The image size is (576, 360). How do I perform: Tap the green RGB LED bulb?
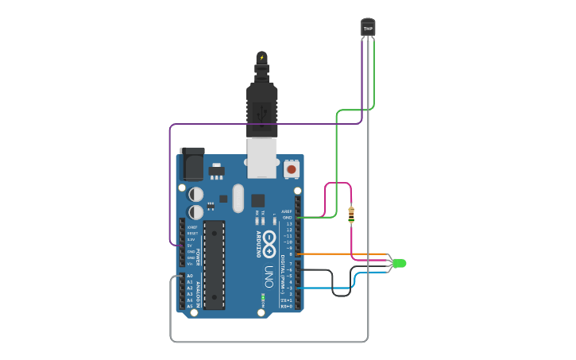click(x=399, y=263)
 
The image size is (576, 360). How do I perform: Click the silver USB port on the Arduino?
click(x=261, y=158)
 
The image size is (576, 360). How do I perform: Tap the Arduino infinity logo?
click(x=269, y=243)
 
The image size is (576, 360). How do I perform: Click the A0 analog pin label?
click(x=190, y=276)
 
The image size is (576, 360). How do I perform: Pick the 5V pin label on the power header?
click(x=190, y=246)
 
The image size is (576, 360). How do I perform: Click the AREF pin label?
click(x=287, y=211)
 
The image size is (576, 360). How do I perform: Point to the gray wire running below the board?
click(x=270, y=341)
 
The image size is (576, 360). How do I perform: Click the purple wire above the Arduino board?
click(x=262, y=124)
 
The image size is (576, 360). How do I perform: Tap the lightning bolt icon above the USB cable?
click(x=261, y=57)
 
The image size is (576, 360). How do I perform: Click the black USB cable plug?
click(x=261, y=107)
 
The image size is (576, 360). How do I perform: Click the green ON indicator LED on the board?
click(x=262, y=299)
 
